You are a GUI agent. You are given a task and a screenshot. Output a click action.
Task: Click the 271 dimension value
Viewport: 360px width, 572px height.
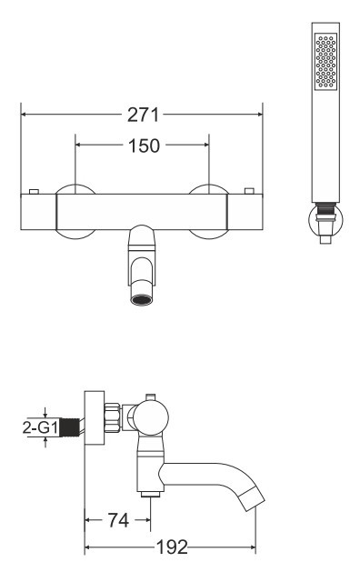pyautogui.click(x=143, y=115)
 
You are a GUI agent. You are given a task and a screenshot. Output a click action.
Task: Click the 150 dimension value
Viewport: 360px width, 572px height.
pyautogui.click(x=144, y=146)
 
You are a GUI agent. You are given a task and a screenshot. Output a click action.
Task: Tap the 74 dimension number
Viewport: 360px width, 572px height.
pyautogui.click(x=118, y=520)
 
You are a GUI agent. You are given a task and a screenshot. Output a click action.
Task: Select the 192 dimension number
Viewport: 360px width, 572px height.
pyautogui.click(x=172, y=547)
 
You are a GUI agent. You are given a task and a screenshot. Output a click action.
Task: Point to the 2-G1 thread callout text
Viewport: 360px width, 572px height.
pyautogui.click(x=40, y=427)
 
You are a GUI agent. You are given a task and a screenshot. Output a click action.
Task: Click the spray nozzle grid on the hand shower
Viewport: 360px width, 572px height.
pyautogui.click(x=325, y=61)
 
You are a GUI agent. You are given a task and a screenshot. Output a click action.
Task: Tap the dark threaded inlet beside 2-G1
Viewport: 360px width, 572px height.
pyautogui.click(x=69, y=427)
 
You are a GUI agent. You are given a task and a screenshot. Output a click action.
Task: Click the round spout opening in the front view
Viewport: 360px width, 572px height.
pyautogui.click(x=142, y=300)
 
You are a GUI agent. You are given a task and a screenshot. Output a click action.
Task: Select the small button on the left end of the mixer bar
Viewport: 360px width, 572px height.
pyautogui.click(x=34, y=192)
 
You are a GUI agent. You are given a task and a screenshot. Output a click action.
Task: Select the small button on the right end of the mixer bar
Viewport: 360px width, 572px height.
pyautogui.click(x=249, y=191)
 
